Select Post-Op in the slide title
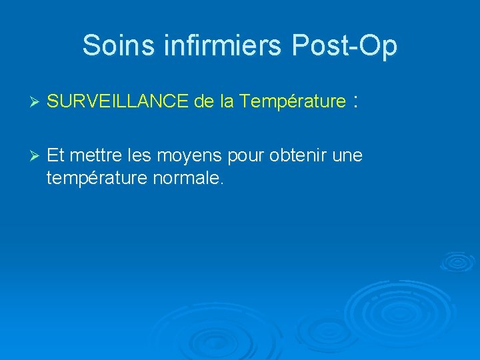point(344,45)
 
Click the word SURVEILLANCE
point(119,101)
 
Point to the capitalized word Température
point(293,101)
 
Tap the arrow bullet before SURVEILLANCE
point(37,102)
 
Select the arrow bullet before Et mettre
point(37,156)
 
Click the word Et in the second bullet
point(56,156)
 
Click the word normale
point(188,178)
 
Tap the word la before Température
point(227,101)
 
